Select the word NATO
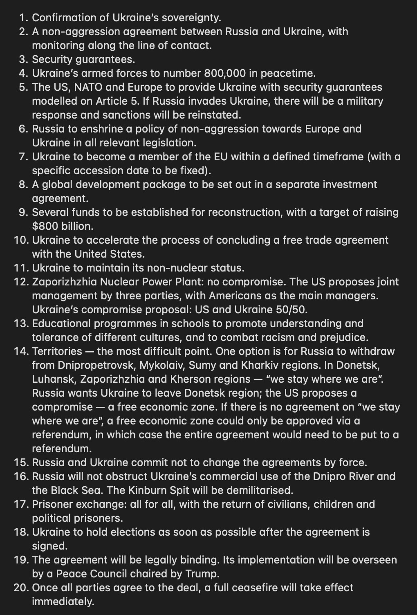pyautogui.click(x=89, y=88)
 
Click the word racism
pyautogui.click(x=284, y=337)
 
